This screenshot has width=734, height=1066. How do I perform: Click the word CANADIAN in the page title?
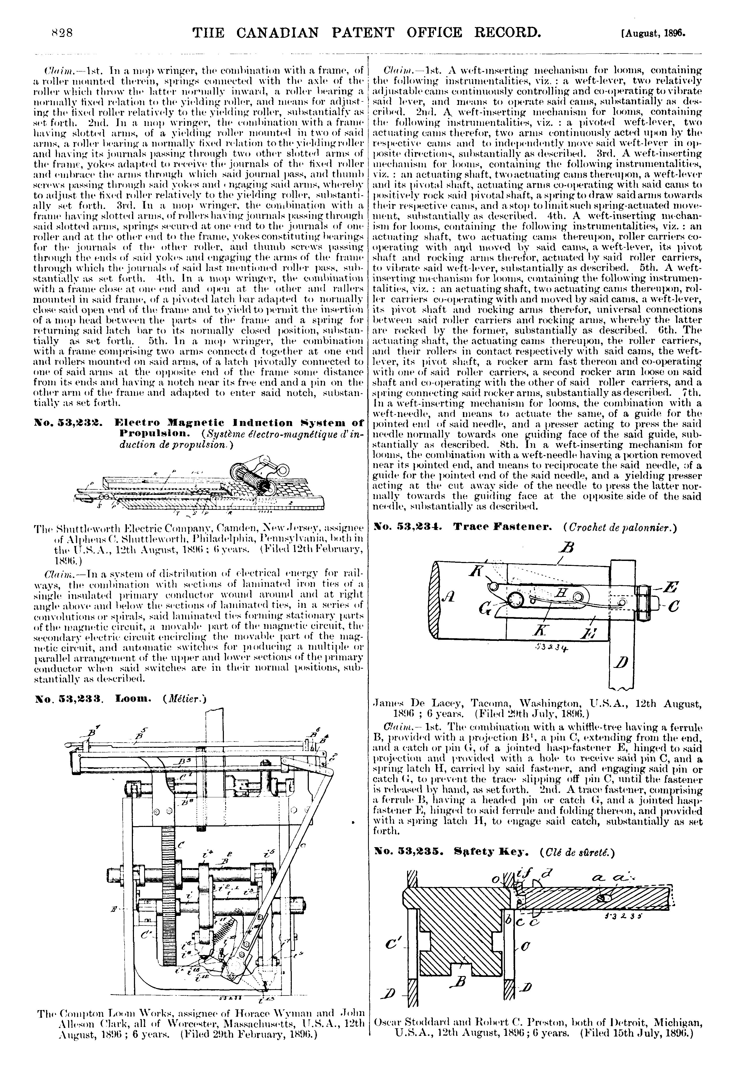(272, 33)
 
